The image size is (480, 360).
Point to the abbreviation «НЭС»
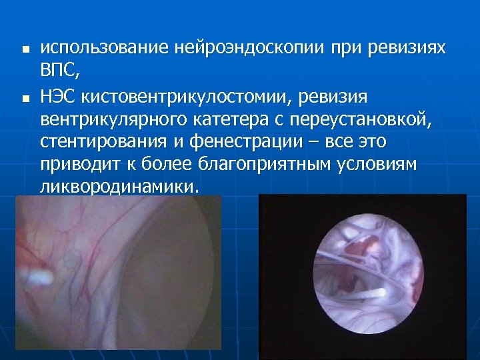point(60,98)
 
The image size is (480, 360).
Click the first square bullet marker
point(24,49)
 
